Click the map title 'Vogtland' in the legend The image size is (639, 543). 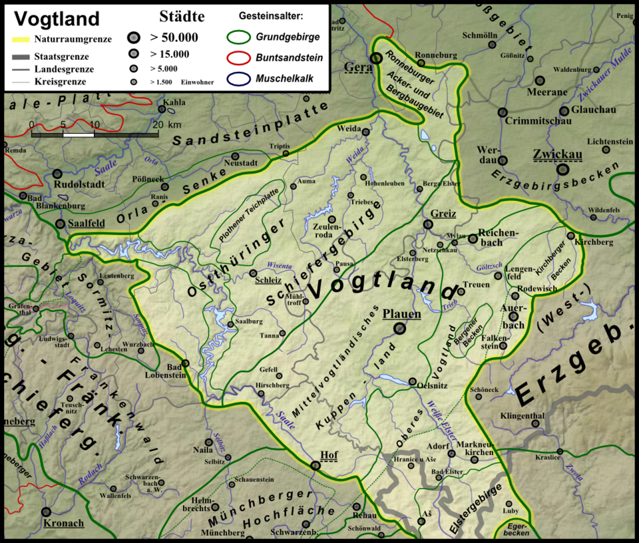coord(53,18)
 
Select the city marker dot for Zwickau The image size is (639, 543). coord(564,170)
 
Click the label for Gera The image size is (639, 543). coord(357,67)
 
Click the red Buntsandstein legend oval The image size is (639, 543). coord(240,58)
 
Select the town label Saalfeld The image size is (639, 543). coord(87,224)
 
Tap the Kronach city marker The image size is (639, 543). coord(46,512)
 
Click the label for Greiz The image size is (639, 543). coord(443,214)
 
